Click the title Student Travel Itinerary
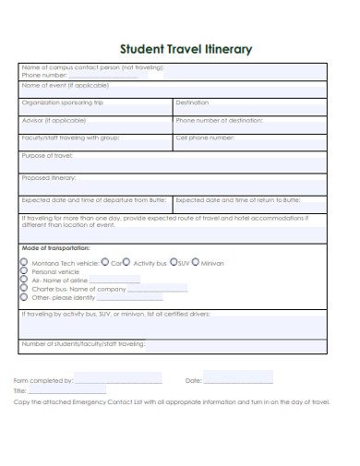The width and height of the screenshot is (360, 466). pos(180,49)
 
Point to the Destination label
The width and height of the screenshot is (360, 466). pos(192,102)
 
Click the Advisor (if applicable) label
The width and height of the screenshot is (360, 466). pos(54,120)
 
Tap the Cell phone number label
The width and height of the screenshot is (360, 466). pos(205,137)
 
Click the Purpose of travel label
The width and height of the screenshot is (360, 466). pos(47,155)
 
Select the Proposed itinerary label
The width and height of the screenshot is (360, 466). pos(50,177)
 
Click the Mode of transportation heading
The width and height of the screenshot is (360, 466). pos(55,248)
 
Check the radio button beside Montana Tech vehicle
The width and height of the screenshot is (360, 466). pos(24,262)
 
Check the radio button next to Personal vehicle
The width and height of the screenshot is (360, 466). pos(24,271)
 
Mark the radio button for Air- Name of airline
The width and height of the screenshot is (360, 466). pos(24,280)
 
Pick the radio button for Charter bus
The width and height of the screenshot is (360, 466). pos(24,289)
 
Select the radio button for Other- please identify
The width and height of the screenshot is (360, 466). pos(24,297)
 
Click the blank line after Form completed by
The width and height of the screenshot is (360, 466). pos(118,381)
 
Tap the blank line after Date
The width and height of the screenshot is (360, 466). pos(238,381)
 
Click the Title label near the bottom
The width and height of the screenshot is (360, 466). pos(19,391)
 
